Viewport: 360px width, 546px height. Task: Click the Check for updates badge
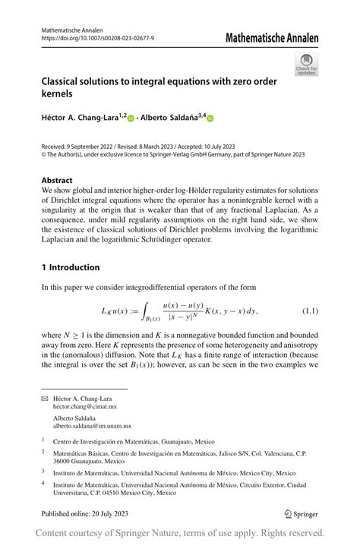click(307, 65)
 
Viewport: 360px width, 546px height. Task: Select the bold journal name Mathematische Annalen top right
click(271, 37)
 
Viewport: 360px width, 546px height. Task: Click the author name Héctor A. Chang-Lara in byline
click(82, 118)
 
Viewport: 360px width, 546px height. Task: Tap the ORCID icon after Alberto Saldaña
click(211, 118)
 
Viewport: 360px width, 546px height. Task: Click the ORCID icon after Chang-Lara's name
click(130, 118)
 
